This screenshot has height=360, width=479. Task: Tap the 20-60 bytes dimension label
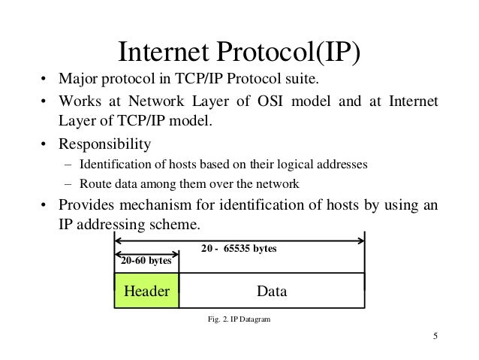[x=146, y=261]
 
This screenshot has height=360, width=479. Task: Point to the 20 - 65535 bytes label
[x=239, y=247]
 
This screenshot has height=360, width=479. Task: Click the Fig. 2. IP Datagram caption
[x=239, y=319]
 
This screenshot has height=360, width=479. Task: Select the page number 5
[x=435, y=336]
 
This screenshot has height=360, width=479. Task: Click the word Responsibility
[x=104, y=143]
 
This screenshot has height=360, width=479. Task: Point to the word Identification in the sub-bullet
[x=111, y=165]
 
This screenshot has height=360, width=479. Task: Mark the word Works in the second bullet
[x=78, y=102]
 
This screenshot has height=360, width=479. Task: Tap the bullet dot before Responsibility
[x=44, y=144]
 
